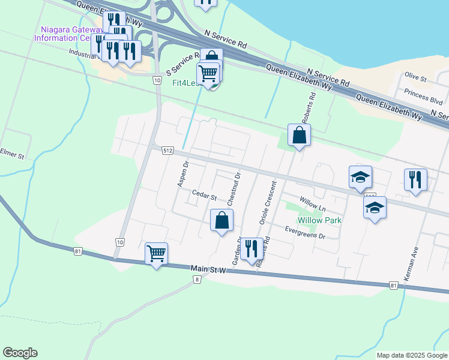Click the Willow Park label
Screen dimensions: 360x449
click(320, 220)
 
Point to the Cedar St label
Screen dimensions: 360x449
click(204, 194)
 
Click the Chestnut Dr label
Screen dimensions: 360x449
click(233, 188)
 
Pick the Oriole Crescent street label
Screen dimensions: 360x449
click(267, 202)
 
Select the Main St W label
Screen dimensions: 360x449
click(208, 270)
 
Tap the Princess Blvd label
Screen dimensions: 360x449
click(424, 96)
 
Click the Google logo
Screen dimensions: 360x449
click(20, 353)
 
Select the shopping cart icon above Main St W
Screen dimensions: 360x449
click(156, 254)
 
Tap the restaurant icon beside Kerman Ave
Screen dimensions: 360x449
click(415, 179)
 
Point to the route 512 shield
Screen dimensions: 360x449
click(167, 151)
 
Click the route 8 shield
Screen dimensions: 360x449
click(196, 280)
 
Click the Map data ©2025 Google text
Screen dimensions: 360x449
click(412, 355)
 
